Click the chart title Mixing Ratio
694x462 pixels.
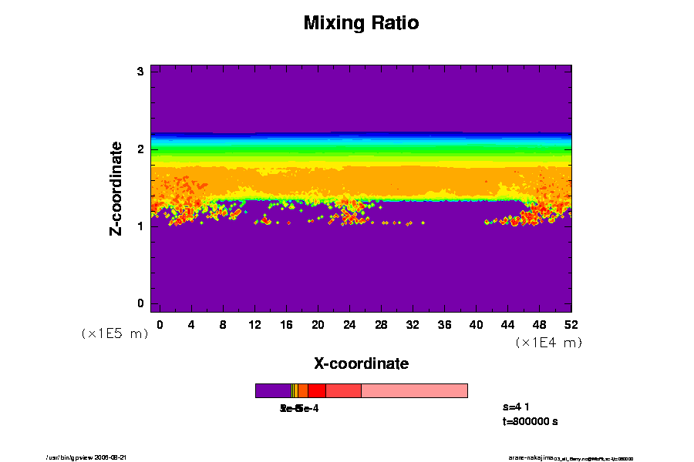[361, 23]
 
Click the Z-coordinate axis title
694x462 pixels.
[116, 187]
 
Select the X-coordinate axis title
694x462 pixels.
[361, 363]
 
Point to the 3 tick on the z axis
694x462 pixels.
[141, 72]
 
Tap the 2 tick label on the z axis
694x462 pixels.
[141, 149]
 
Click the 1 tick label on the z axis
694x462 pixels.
[141, 226]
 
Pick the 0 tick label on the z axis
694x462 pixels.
[141, 303]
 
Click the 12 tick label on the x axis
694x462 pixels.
[254, 324]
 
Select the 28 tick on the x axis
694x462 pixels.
[381, 324]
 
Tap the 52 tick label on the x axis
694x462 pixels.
[571, 324]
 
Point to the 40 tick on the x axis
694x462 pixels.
[476, 324]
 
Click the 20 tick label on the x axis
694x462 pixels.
[318, 324]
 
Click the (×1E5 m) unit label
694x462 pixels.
[115, 333]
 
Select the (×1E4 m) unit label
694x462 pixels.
[548, 343]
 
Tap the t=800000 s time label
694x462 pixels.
[530, 422]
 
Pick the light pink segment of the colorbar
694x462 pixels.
[414, 390]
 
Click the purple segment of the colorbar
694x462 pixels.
[273, 390]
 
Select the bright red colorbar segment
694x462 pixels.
[317, 390]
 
